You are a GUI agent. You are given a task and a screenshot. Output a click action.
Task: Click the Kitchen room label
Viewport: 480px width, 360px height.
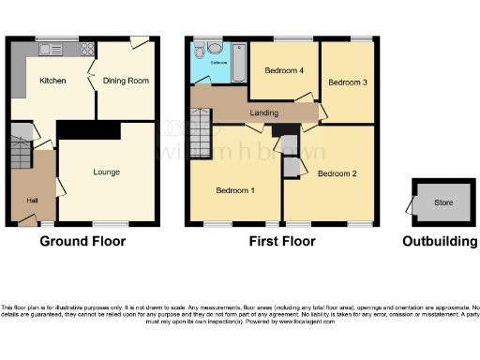pyautogui.click(x=52, y=82)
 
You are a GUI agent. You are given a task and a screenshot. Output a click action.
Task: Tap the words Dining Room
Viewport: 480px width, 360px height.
pyautogui.click(x=127, y=82)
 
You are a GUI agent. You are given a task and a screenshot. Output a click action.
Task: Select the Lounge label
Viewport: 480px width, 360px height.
pyautogui.click(x=106, y=172)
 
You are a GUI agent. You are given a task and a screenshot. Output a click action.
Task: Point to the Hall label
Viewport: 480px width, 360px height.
pyautogui.click(x=33, y=202)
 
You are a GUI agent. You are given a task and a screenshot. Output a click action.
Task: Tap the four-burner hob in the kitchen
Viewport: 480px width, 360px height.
pyautogui.click(x=85, y=50)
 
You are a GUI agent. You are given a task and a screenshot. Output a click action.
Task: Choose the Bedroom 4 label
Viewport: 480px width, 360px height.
pyautogui.click(x=284, y=71)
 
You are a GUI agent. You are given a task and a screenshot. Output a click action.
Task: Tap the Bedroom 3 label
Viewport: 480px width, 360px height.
pyautogui.click(x=347, y=82)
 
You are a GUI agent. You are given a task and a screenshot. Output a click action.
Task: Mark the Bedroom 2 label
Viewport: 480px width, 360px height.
pyautogui.click(x=337, y=173)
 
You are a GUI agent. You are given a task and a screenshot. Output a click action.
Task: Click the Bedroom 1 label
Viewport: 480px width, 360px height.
pyautogui.click(x=235, y=190)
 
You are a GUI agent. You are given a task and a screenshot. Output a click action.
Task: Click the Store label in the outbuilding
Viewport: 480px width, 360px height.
pyautogui.click(x=442, y=202)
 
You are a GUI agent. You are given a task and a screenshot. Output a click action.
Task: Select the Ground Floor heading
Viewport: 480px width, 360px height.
pyautogui.click(x=82, y=241)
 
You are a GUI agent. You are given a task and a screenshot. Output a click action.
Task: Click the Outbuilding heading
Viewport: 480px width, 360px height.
pyautogui.click(x=440, y=241)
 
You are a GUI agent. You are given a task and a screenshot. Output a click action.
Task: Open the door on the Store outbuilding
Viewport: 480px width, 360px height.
pyautogui.click(x=410, y=204)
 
